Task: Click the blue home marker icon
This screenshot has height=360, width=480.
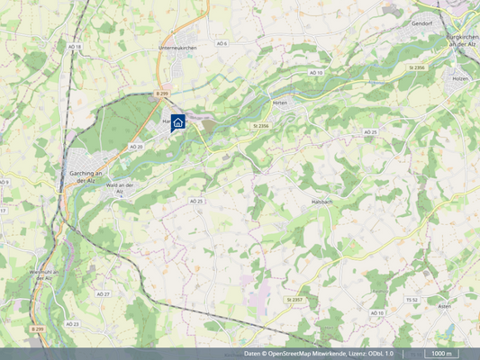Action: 177,122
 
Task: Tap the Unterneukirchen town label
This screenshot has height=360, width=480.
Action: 177,47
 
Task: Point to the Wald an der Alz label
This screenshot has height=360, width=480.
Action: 120,187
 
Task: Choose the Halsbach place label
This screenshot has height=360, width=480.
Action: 322,202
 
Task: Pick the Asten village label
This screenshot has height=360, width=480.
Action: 443,306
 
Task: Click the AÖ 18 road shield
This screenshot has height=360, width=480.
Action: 74,47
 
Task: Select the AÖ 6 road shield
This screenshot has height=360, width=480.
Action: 222,43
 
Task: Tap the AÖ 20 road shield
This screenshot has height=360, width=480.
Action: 136,146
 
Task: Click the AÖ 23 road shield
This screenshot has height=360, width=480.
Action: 72,323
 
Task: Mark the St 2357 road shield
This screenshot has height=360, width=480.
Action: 294,299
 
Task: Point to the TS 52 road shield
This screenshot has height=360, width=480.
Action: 412,299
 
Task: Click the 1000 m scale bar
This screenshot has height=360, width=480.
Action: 440,355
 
